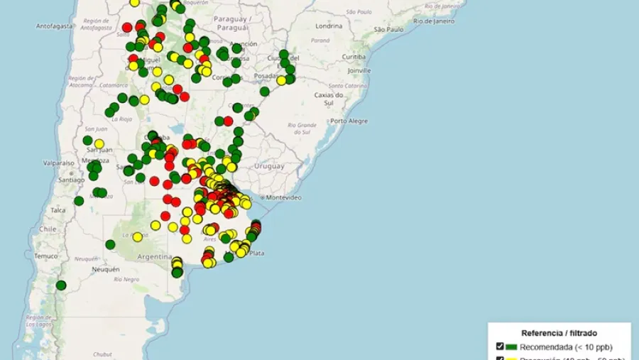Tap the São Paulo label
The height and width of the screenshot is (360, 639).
(388, 30)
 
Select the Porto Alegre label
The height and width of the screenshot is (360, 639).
(349, 121)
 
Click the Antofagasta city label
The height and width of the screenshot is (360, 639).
(55, 26)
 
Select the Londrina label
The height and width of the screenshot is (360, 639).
(329, 26)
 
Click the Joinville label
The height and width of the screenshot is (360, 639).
(359, 71)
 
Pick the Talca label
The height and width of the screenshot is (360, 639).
(58, 209)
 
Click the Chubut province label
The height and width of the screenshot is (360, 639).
(102, 354)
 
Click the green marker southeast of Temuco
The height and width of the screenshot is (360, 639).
(61, 285)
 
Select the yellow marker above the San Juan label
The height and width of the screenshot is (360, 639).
(99, 143)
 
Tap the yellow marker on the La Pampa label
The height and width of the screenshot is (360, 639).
(138, 236)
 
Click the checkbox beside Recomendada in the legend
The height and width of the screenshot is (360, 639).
(500, 347)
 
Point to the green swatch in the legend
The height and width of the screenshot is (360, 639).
(511, 347)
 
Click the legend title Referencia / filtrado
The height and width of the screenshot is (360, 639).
(559, 332)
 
